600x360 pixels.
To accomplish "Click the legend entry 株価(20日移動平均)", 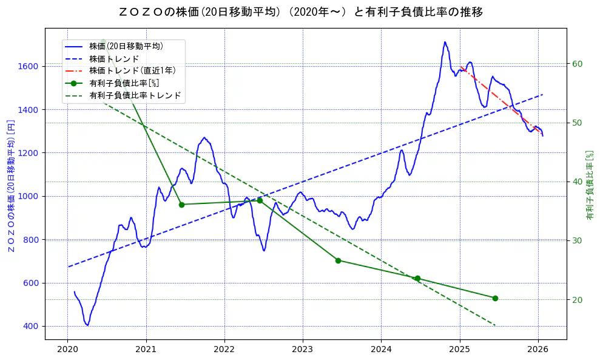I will [126, 46].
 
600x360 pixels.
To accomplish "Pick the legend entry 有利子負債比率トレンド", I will [135, 95].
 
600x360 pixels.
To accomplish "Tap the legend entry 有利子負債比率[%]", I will [124, 83].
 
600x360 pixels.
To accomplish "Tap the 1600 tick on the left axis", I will [29, 66].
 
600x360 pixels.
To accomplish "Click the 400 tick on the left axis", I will [32, 327].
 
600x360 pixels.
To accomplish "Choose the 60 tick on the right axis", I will [578, 64].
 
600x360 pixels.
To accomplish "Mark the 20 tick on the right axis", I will [578, 300].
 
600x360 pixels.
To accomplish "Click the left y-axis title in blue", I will [11, 186].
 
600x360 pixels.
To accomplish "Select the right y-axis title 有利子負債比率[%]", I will [590, 186].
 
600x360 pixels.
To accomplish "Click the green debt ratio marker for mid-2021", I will [181, 205].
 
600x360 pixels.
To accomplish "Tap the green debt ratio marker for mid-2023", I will [338, 260].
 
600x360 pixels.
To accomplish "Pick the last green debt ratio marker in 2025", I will [495, 298].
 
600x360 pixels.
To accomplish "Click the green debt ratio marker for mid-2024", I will [417, 279].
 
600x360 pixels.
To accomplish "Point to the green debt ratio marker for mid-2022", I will [260, 200].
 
